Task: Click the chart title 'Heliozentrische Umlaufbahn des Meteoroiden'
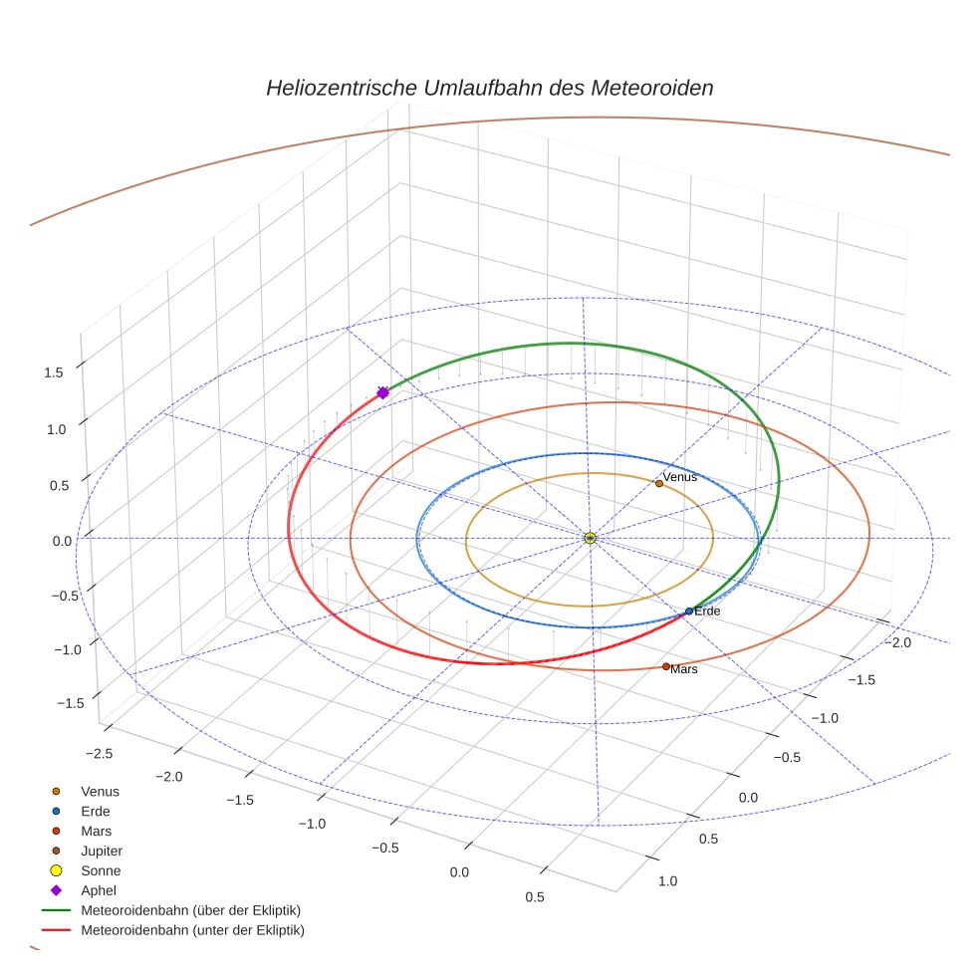pyautogui.click(x=489, y=88)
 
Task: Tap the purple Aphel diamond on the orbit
pyautogui.click(x=382, y=393)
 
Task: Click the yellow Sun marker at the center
pyautogui.click(x=591, y=538)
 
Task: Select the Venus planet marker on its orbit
pyautogui.click(x=658, y=484)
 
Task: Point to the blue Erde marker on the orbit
pyautogui.click(x=688, y=611)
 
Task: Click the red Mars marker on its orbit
pyautogui.click(x=666, y=666)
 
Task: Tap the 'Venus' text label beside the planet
pyautogui.click(x=680, y=477)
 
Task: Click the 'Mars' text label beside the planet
pyautogui.click(x=684, y=670)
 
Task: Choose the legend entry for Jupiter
pyautogui.click(x=102, y=851)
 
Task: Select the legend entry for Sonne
pyautogui.click(x=101, y=870)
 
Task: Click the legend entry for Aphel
pyautogui.click(x=99, y=890)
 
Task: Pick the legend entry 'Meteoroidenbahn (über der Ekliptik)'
pyautogui.click(x=191, y=910)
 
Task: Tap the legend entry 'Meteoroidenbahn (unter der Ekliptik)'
pyautogui.click(x=192, y=930)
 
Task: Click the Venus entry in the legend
pyautogui.click(x=100, y=791)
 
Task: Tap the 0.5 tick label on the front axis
pyautogui.click(x=534, y=897)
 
